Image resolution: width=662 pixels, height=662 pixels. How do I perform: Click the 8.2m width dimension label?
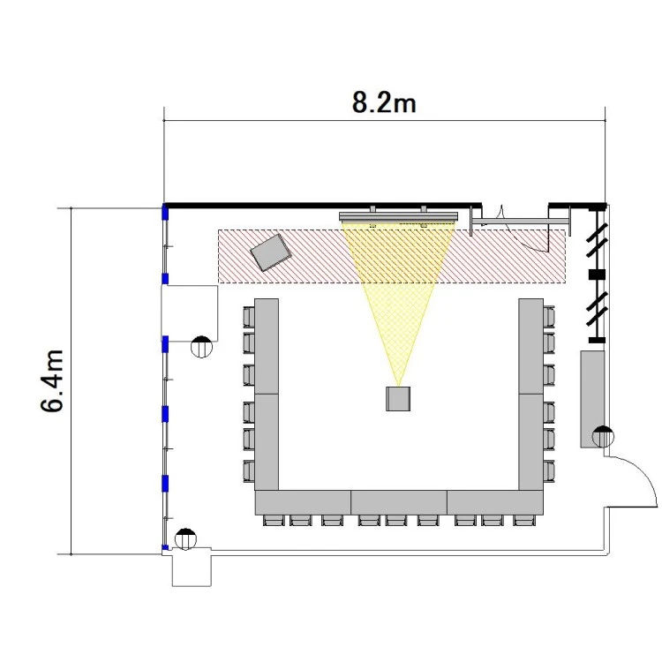tap(384, 102)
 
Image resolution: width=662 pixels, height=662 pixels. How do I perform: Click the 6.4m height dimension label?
tap(52, 380)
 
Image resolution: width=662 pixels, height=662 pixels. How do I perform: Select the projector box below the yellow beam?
tap(398, 399)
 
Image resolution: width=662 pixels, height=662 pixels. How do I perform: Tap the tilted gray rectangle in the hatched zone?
tap(271, 252)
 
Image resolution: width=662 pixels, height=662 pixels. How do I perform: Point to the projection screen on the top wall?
tap(399, 216)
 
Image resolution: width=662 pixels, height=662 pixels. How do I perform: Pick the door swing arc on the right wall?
tap(632, 481)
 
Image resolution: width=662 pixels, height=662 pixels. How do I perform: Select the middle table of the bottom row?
tap(399, 502)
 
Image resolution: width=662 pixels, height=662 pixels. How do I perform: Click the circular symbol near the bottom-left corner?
tap(185, 539)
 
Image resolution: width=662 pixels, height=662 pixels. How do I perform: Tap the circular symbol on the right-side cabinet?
tap(603, 437)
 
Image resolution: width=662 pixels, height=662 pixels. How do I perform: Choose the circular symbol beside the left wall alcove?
tap(201, 347)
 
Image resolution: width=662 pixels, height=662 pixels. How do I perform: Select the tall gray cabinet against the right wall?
tap(592, 399)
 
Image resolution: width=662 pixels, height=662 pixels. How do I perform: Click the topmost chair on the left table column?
tap(249, 317)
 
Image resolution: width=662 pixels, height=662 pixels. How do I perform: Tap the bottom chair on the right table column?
tap(549, 471)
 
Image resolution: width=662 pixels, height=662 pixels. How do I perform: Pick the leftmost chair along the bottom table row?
tap(274, 521)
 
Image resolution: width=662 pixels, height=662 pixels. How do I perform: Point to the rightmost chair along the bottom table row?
tap(524, 521)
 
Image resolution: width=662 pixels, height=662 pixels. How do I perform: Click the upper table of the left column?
tap(267, 346)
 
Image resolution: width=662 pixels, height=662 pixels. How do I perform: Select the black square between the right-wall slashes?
tap(597, 275)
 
